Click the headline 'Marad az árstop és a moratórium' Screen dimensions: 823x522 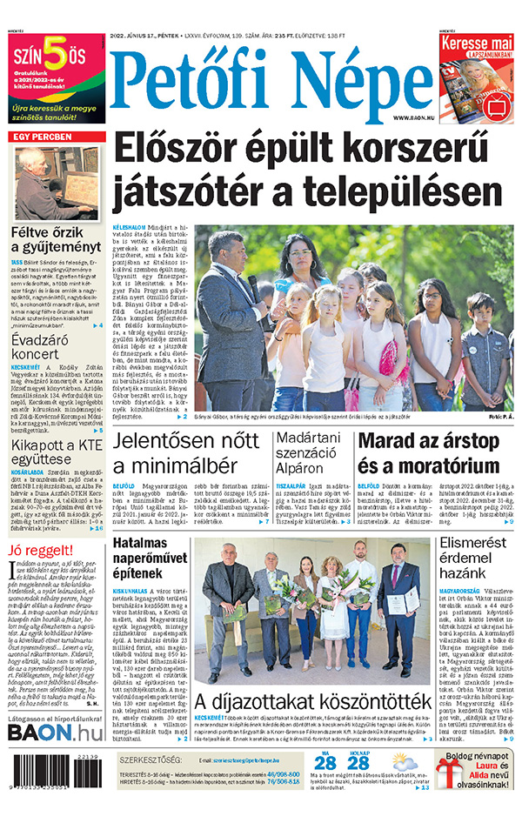pyautogui.click(x=429, y=452)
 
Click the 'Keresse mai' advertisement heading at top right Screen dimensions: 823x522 pyautogui.click(x=477, y=43)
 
